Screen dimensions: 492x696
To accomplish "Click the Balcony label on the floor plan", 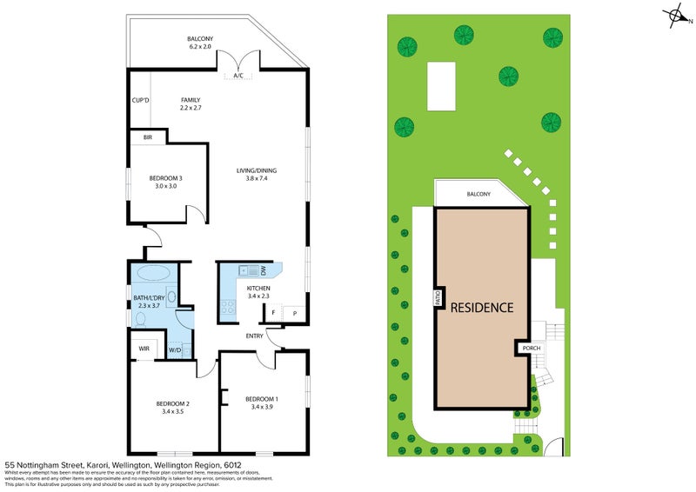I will tap(200, 39).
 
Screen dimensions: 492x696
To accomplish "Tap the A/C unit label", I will tap(238, 76).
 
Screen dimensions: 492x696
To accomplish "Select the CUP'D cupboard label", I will tap(140, 100).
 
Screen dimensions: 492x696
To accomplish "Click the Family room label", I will tap(191, 100).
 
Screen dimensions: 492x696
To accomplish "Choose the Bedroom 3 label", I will tap(164, 178).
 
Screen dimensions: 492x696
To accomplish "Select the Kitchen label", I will tap(258, 289).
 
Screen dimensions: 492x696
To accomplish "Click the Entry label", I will tap(254, 336).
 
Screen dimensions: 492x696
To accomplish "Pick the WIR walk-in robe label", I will tap(144, 349).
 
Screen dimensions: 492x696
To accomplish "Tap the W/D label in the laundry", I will tap(174, 350).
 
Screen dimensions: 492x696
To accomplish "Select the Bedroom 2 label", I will tap(173, 402).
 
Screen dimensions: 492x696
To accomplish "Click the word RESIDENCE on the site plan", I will tap(482, 307).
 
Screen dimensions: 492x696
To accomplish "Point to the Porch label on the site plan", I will tap(531, 348).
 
